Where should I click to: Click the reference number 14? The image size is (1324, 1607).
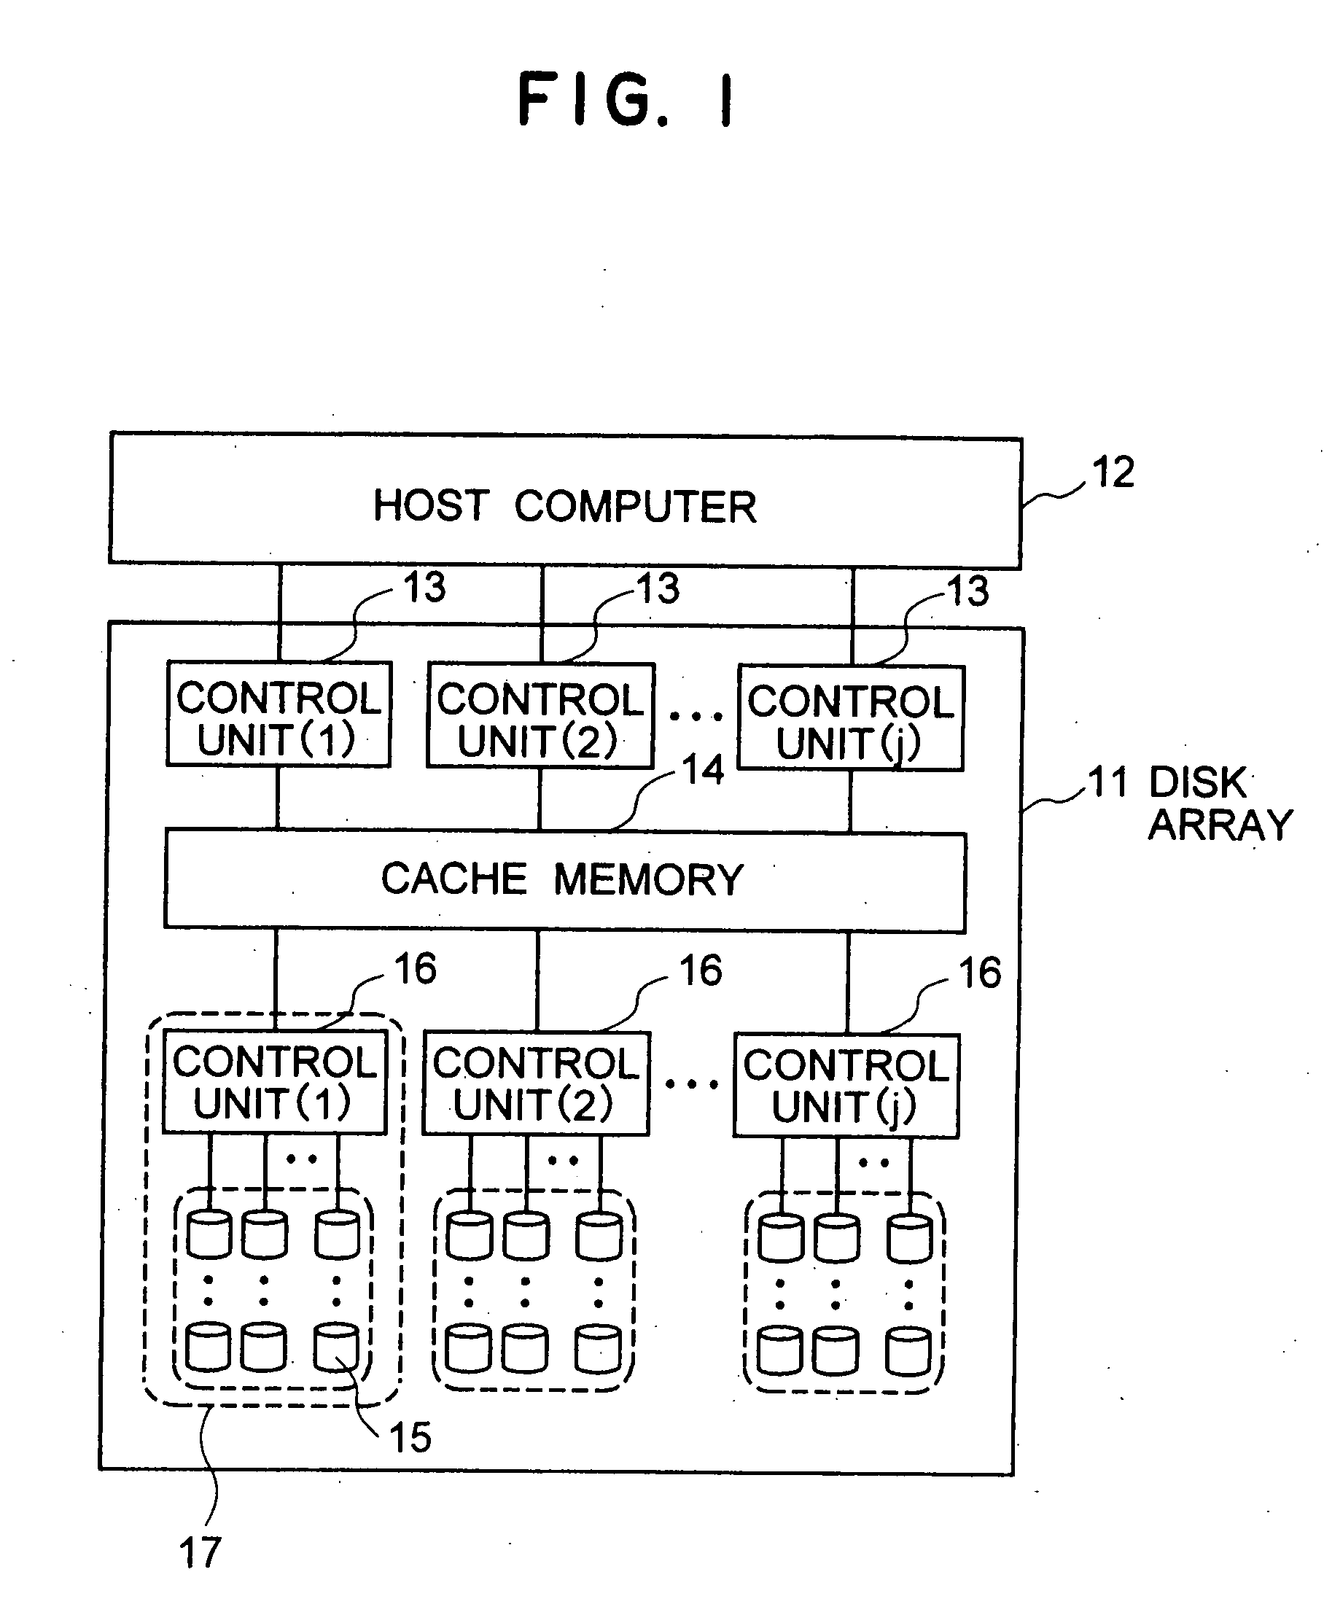(702, 769)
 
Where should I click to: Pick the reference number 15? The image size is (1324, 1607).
(410, 1437)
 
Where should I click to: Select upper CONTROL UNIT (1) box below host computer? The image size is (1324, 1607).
(279, 715)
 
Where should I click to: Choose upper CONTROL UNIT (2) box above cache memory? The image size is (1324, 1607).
(540, 715)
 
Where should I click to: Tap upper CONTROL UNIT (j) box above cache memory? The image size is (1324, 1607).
(850, 718)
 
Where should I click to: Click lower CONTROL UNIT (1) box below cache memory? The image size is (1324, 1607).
(275, 1081)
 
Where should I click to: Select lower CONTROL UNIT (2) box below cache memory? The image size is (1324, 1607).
(536, 1083)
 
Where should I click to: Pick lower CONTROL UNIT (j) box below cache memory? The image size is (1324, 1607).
(846, 1086)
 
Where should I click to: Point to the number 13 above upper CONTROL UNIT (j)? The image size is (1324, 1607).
(967, 591)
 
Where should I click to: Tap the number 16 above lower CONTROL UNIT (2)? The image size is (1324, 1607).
(700, 971)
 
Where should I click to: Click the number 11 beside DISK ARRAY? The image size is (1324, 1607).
(1107, 782)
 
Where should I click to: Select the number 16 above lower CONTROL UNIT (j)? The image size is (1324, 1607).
(980, 973)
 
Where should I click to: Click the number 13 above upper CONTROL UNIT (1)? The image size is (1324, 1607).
(424, 587)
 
